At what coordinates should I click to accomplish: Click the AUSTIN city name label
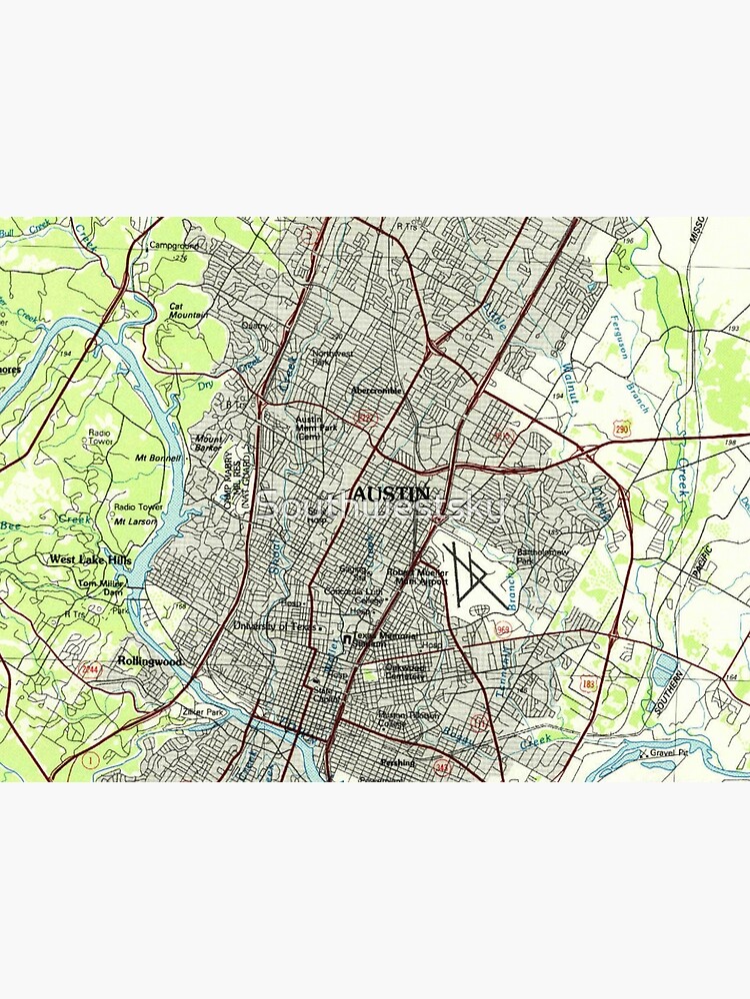[392, 495]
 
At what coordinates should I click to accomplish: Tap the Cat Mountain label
[188, 311]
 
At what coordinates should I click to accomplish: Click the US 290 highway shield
[623, 427]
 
